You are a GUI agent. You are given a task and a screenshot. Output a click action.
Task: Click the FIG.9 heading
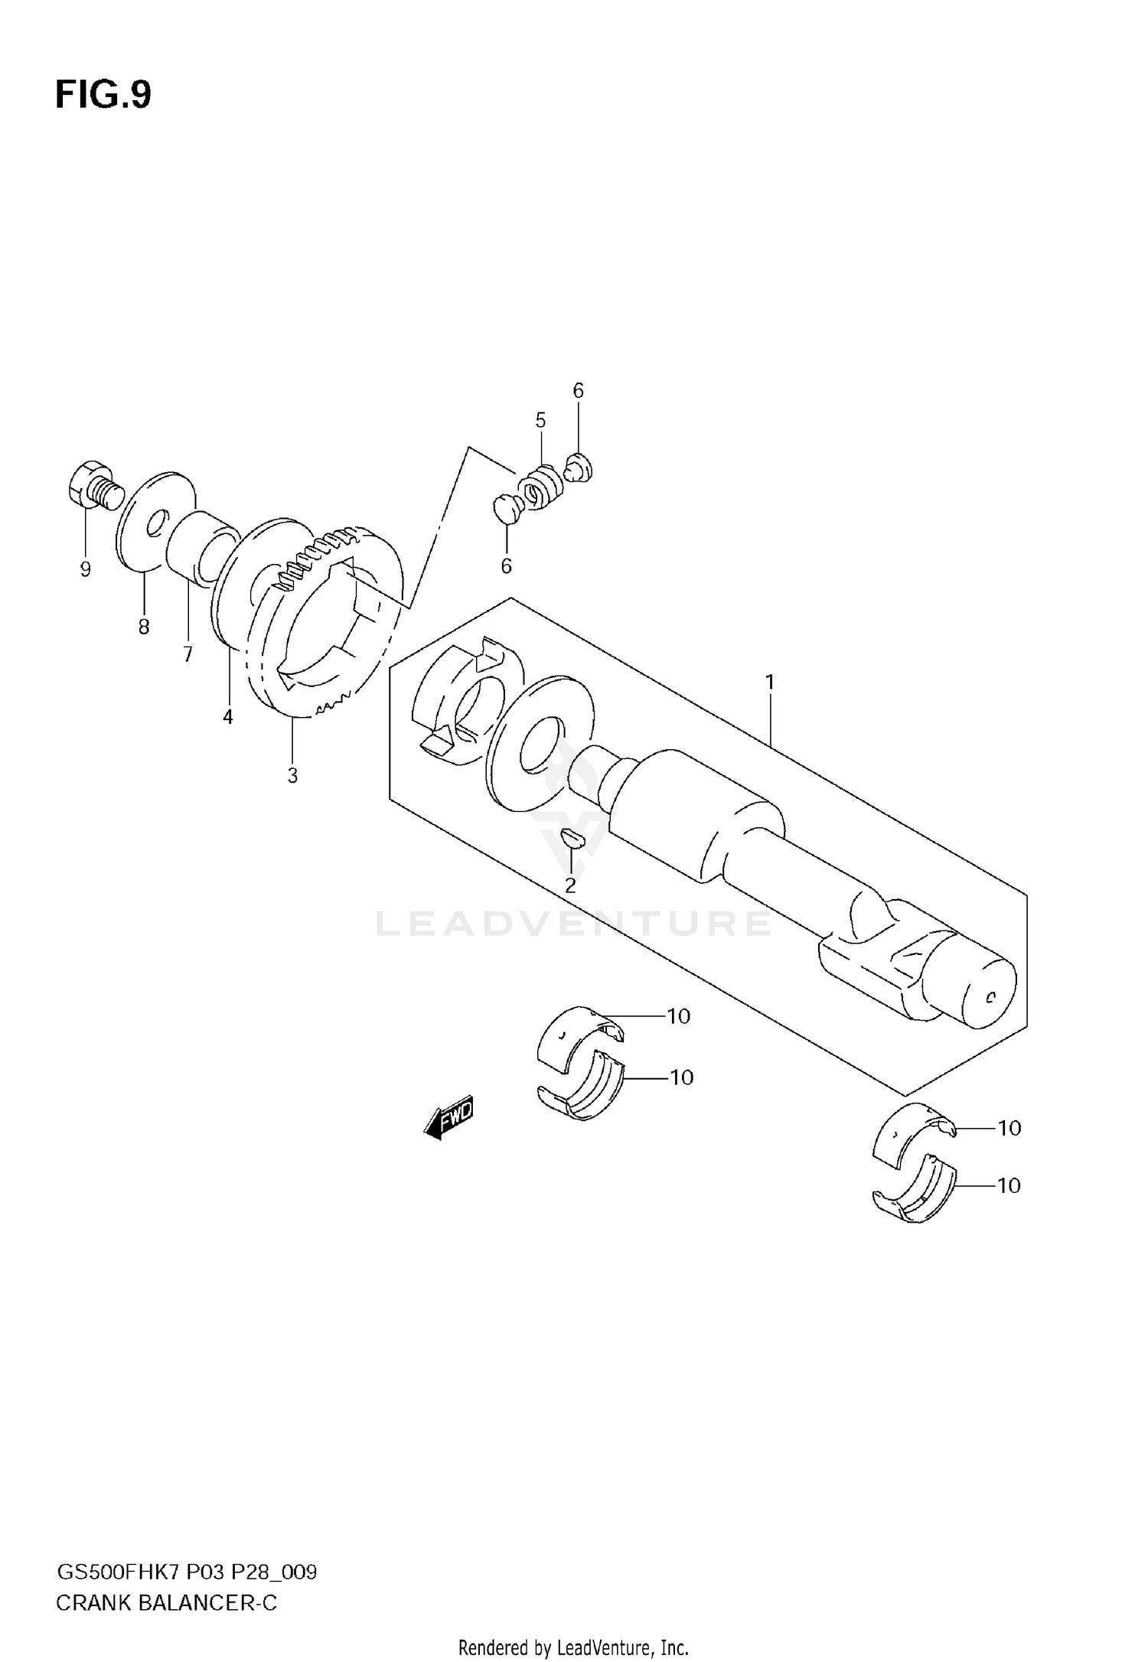[103, 96]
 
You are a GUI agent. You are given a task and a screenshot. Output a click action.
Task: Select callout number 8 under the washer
[144, 627]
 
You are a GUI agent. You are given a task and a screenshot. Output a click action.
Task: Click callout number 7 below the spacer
[188, 654]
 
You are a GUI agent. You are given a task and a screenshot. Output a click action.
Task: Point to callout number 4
[227, 717]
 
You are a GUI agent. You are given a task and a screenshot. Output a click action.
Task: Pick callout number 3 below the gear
[292, 775]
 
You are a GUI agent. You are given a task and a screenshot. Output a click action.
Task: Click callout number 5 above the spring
[540, 420]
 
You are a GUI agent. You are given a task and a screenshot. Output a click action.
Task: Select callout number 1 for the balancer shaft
[770, 681]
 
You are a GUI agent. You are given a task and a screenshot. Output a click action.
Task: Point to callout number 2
[570, 885]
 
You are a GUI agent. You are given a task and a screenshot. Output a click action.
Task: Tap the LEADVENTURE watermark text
[572, 924]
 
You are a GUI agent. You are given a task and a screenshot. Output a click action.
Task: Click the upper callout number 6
[578, 391]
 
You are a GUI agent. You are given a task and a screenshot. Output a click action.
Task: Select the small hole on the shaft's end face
[990, 997]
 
